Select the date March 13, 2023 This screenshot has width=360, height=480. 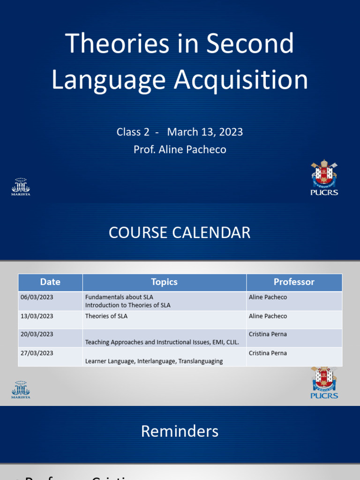click(x=205, y=132)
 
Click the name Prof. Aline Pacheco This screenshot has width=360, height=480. click(x=180, y=150)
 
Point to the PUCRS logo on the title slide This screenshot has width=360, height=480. click(x=324, y=178)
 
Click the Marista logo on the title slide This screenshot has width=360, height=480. click(x=21, y=186)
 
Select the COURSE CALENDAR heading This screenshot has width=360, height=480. click(x=180, y=232)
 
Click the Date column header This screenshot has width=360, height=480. click(x=50, y=282)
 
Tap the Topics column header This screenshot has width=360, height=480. click(x=164, y=282)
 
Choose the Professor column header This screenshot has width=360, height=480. click(x=294, y=282)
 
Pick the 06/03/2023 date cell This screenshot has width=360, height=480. click(x=37, y=297)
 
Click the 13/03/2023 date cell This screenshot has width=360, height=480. click(x=37, y=316)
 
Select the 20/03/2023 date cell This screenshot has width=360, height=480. click(x=37, y=334)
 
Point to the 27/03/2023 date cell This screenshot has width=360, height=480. click(x=37, y=353)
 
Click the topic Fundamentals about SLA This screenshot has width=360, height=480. click(x=119, y=297)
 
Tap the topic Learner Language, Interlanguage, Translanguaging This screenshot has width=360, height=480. click(x=154, y=361)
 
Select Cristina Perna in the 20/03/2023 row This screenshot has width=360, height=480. click(x=268, y=334)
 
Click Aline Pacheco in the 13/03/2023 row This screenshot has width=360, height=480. click(x=268, y=316)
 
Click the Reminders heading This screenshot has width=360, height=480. click(x=180, y=431)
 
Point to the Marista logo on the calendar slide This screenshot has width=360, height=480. click(x=21, y=390)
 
